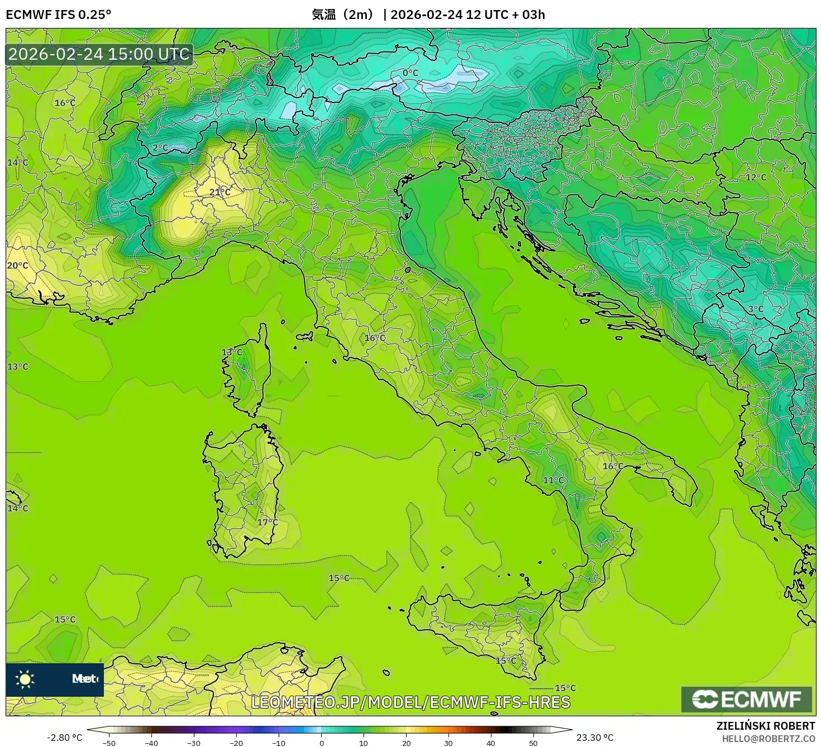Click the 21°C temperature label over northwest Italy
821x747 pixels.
(x=219, y=192)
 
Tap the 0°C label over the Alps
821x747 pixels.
(x=410, y=73)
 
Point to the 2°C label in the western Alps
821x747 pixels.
(x=160, y=148)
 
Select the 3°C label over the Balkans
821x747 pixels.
(x=756, y=309)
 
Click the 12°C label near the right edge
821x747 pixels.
(x=756, y=177)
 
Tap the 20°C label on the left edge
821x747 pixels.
(x=17, y=265)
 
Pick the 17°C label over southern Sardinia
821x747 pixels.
(x=267, y=522)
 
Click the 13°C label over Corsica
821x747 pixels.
(x=232, y=352)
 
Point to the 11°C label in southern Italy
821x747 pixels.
(x=553, y=480)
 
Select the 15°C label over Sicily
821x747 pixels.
(x=506, y=660)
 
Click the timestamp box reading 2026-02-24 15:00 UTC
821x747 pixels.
(x=99, y=54)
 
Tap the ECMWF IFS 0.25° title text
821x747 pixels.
(x=59, y=15)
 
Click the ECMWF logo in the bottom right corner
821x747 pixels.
(x=746, y=699)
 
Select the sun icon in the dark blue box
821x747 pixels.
(x=25, y=679)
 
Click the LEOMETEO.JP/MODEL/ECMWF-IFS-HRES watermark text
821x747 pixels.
(x=410, y=702)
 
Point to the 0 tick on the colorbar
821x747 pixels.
(x=321, y=743)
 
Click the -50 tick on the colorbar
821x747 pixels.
(x=109, y=743)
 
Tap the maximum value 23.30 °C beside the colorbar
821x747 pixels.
(x=595, y=738)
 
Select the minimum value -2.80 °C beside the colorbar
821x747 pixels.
(x=65, y=738)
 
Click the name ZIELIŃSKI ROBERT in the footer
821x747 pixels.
(x=766, y=726)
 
